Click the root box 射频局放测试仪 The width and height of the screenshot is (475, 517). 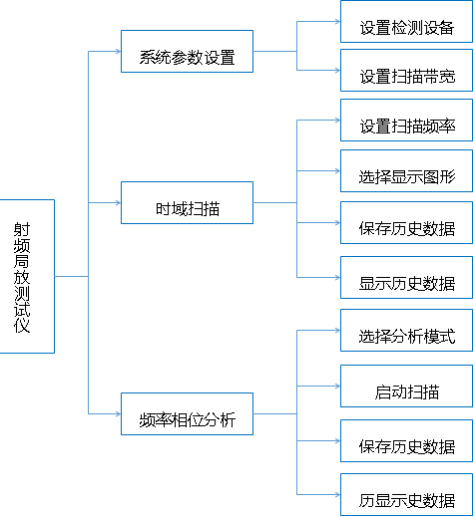coord(27,276)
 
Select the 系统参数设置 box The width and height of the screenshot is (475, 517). coord(187,51)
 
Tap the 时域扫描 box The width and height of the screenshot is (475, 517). coord(187,202)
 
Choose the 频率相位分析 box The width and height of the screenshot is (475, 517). coord(187,413)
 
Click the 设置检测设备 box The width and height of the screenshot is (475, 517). coord(406,22)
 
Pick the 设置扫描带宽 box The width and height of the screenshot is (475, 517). coord(406,70)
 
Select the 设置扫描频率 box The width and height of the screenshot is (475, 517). coord(406,120)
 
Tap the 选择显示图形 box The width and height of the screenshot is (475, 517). coord(406,170)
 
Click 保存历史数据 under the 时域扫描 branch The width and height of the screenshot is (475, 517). coord(406,222)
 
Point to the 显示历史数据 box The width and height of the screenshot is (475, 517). coord(406,277)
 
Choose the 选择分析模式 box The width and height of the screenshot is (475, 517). coord(406,330)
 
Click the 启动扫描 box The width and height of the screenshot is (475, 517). coord(406,386)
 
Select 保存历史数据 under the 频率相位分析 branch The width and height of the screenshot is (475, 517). coord(406,440)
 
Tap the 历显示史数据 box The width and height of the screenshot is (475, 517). coord(406,495)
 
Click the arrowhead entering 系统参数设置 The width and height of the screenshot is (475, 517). coord(118,51)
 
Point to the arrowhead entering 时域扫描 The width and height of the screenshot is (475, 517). coord(118,202)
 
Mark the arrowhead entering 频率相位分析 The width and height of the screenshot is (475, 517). coord(118,413)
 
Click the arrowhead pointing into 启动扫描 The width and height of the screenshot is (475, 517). coord(337,386)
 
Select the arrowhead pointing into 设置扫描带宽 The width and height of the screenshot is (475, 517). coord(337,70)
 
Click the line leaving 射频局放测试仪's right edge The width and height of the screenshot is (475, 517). coord(72,276)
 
